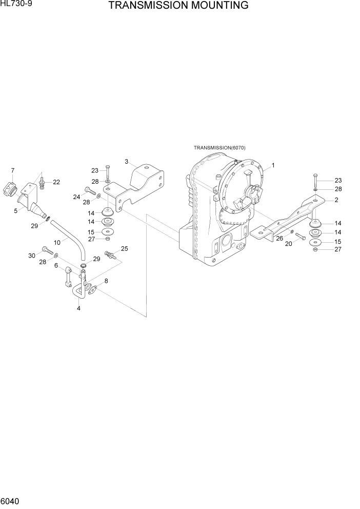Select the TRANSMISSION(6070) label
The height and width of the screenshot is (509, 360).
click(x=219, y=148)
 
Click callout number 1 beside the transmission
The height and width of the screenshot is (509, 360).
click(x=273, y=165)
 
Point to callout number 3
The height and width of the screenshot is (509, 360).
click(x=126, y=162)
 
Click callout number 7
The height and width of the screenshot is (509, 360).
click(x=12, y=170)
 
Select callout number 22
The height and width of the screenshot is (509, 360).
click(x=56, y=182)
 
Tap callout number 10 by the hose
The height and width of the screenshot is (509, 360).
click(x=57, y=242)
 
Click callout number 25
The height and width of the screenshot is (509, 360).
click(x=124, y=249)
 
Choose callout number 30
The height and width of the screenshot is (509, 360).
click(x=32, y=256)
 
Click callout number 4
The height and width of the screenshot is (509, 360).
click(x=78, y=308)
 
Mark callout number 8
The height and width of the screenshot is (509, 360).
click(x=106, y=281)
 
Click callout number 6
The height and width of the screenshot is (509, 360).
click(x=56, y=266)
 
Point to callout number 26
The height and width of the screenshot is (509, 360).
click(x=280, y=238)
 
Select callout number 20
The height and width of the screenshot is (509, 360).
click(x=288, y=244)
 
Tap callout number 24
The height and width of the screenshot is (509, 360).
click(x=76, y=197)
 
